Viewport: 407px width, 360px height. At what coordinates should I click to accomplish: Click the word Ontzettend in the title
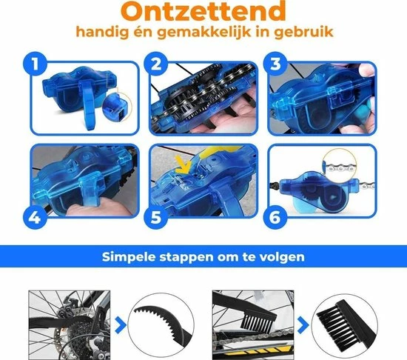point(203,13)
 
